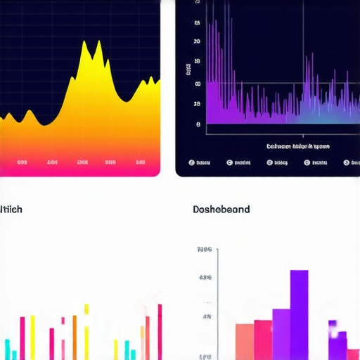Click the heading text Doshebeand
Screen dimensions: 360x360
tap(221, 210)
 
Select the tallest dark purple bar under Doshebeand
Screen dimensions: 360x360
tap(299, 313)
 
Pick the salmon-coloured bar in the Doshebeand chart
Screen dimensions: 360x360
tap(244, 340)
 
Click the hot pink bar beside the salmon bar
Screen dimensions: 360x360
tap(263, 339)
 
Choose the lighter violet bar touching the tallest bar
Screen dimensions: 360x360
tap(281, 333)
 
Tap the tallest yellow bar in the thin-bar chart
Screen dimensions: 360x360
tap(86, 330)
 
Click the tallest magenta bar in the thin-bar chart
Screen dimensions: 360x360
tap(160, 330)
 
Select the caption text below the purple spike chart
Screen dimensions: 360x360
tap(298, 146)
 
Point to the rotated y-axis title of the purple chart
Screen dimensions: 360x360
tap(188, 70)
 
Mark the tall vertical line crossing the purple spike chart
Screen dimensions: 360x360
tap(303, 63)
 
